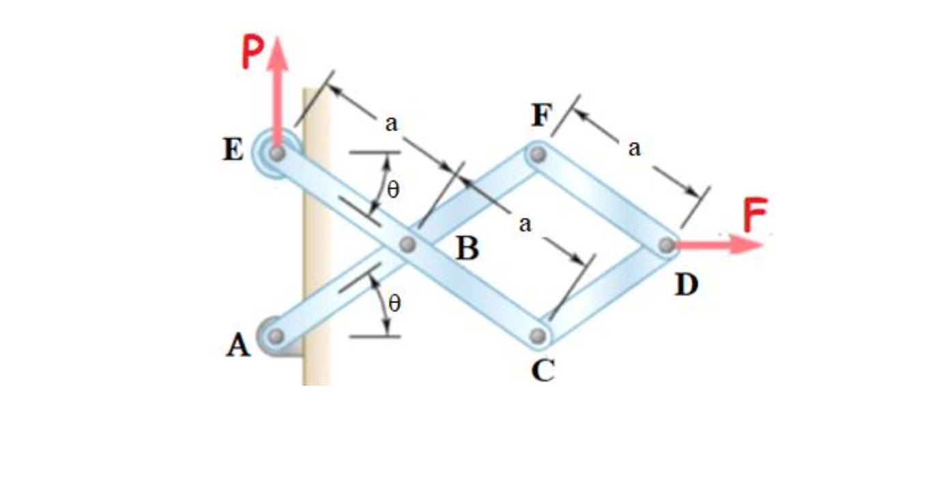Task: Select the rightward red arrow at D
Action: click(723, 245)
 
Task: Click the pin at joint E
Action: click(276, 154)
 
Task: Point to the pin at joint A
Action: click(276, 336)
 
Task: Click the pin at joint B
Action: click(407, 244)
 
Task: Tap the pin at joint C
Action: click(538, 336)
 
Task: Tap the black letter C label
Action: click(544, 371)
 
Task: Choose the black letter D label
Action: click(687, 285)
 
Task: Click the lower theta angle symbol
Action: click(393, 303)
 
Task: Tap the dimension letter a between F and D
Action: click(635, 149)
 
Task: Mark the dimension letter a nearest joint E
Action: click(391, 124)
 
